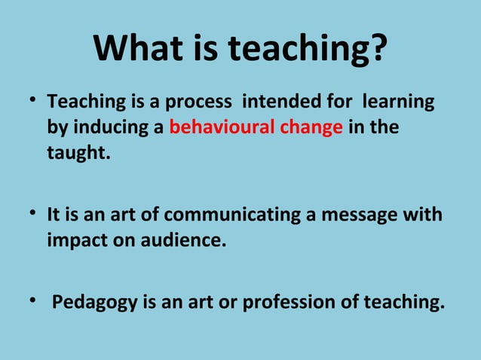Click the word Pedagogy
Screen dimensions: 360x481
click(91, 304)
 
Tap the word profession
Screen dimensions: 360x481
click(288, 303)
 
